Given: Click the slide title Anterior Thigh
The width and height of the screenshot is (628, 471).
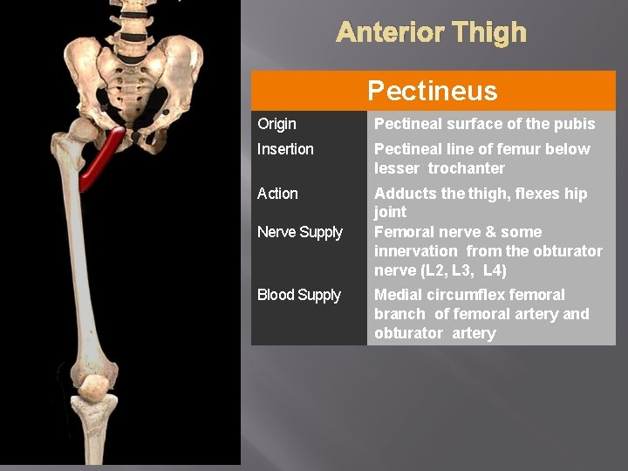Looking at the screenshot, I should tap(431, 33).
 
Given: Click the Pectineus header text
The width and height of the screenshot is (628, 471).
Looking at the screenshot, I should tap(432, 91).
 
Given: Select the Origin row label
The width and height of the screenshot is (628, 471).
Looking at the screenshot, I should tap(276, 124).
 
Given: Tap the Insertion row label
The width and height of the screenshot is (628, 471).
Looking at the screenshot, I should tap(285, 149).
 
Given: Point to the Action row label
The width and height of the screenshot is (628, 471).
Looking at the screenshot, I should tap(277, 194).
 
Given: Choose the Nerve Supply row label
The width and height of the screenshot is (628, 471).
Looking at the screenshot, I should tap(300, 232).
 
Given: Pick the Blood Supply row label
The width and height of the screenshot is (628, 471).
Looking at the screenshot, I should tap(299, 295).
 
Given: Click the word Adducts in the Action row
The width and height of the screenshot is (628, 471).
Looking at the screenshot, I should tap(403, 194).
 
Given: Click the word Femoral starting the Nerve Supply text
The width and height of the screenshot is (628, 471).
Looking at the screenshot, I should tap(403, 232).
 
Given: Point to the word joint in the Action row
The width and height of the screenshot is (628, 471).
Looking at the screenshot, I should tap(391, 212).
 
